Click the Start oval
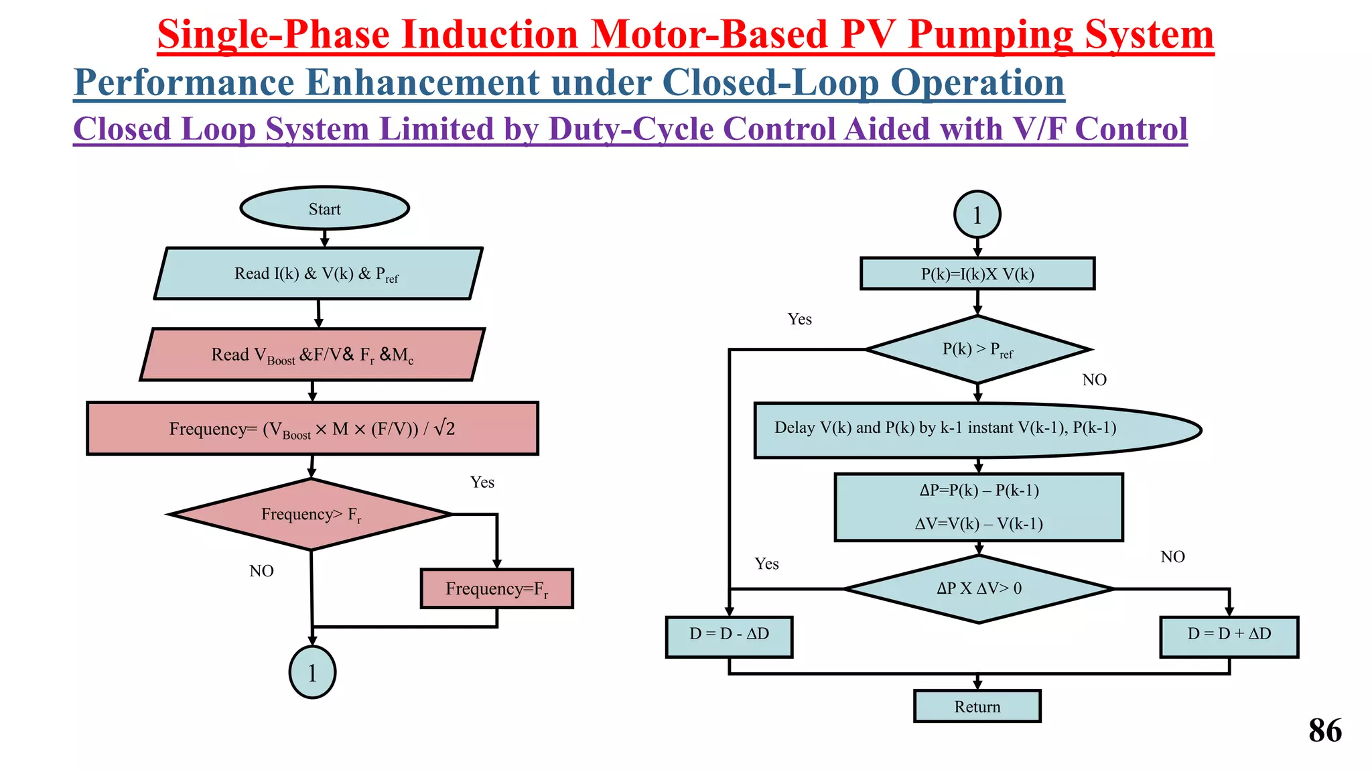[x=324, y=208]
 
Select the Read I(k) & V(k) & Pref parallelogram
[x=318, y=273]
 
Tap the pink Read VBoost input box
[x=312, y=355]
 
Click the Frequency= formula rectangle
[x=312, y=428]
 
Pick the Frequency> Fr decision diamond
[x=310, y=514]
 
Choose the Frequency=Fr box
[x=496, y=588]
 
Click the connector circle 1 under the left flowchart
[x=312, y=672]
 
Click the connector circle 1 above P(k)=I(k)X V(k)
[x=977, y=214]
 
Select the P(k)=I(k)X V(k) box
[x=977, y=273]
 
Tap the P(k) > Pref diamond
[x=977, y=349]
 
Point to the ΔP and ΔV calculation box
[x=979, y=507]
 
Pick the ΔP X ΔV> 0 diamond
[x=979, y=588]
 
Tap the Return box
[x=977, y=706]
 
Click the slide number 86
[x=1324, y=730]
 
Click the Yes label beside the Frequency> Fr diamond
[x=482, y=482]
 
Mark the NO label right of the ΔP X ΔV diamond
[x=1172, y=557]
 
